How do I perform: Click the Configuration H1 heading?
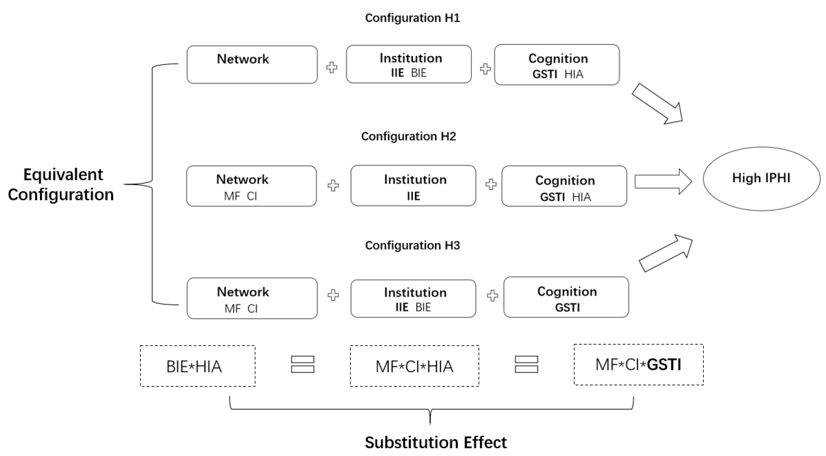pos(412,18)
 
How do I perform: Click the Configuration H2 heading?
pos(408,136)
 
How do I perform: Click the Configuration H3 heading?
pos(412,246)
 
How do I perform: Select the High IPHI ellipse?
pos(761,179)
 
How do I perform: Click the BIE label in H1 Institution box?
pos(419,73)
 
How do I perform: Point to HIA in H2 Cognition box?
pos(582,197)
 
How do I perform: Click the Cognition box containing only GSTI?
pos(566,297)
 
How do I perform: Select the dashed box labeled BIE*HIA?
pos(198,366)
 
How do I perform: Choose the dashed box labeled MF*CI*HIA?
pos(414,366)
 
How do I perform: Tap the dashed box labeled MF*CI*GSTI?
pos(638,365)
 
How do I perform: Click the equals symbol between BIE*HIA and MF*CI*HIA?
pos(302,365)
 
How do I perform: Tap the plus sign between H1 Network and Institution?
pos(332,68)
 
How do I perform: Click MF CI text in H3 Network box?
pos(241,309)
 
